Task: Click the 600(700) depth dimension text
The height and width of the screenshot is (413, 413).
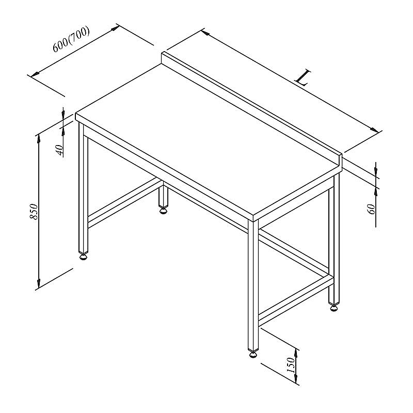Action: click(x=71, y=39)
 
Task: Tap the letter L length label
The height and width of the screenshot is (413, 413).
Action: click(x=303, y=78)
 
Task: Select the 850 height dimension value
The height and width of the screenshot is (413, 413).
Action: click(x=34, y=211)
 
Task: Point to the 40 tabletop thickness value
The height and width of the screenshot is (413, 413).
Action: click(x=60, y=150)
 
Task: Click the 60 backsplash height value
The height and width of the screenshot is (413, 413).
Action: click(x=371, y=209)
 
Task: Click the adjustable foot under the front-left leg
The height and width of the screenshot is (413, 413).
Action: click(x=84, y=256)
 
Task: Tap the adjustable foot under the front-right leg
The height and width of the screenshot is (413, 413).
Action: click(x=253, y=354)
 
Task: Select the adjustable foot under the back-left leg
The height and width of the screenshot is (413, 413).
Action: click(x=163, y=210)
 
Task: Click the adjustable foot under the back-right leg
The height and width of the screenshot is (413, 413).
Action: click(x=333, y=307)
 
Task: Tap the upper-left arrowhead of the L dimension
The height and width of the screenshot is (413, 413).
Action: click(x=205, y=33)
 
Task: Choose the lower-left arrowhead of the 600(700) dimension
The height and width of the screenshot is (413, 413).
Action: click(x=35, y=74)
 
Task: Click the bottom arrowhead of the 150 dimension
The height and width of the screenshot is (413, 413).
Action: click(x=296, y=378)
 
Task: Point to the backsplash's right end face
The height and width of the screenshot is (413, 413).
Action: click(x=340, y=162)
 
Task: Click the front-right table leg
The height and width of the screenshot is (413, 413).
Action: click(x=253, y=285)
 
